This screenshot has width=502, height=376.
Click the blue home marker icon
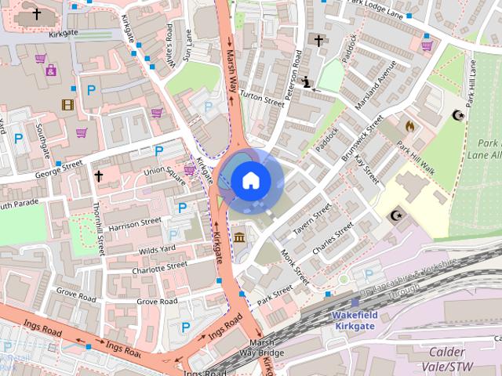[x=250, y=180]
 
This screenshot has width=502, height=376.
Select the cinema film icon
[x=68, y=104]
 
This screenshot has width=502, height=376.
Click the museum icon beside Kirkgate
[x=238, y=237]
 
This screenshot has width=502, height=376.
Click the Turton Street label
[x=262, y=98]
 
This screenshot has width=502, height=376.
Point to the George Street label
[x=60, y=168]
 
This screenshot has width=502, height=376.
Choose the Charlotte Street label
[x=159, y=268]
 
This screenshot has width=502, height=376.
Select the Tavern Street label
[x=312, y=222]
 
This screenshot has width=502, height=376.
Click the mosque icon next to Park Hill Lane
[x=458, y=115]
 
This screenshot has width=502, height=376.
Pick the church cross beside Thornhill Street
[x=99, y=176]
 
